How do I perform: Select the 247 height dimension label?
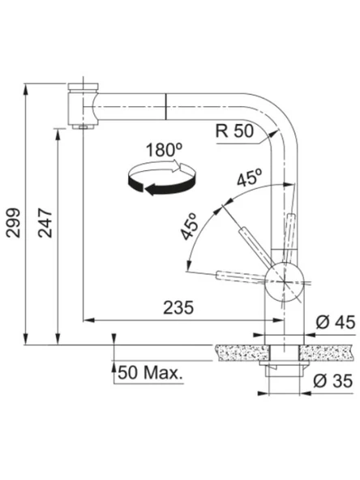click(45, 222)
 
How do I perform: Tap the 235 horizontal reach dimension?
click(178, 307)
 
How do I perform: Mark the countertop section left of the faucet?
click(240, 352)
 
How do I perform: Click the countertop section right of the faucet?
click(329, 352)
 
